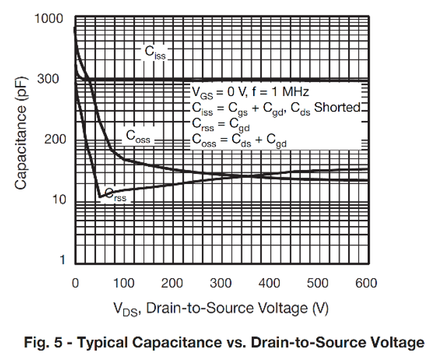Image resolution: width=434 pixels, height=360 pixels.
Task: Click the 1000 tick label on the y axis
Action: (48, 18)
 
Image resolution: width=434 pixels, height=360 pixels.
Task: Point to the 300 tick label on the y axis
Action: (53, 79)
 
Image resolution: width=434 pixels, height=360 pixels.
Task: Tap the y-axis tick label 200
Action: (53, 139)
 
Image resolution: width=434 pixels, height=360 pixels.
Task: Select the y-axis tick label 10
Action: (58, 200)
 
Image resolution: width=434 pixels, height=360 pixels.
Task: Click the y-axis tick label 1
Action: (62, 261)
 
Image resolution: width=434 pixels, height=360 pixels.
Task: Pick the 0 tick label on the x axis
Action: (75, 283)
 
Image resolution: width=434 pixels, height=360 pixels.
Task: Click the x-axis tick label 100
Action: (124, 283)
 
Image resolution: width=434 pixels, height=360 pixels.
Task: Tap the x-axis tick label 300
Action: (221, 283)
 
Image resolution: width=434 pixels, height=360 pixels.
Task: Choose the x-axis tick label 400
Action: (270, 283)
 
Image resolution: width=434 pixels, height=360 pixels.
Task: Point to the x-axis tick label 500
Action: (319, 283)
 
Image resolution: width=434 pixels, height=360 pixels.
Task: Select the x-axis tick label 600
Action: (367, 283)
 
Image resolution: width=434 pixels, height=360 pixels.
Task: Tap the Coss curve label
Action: (138, 136)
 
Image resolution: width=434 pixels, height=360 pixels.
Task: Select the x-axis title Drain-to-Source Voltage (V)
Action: (221, 309)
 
